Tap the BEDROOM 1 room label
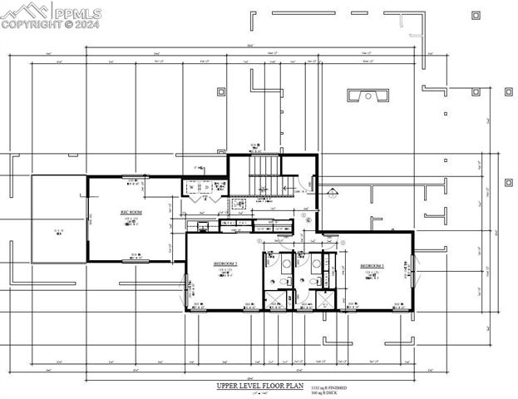point(371,266)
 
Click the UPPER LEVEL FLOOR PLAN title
point(260,387)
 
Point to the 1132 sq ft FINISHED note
point(329,387)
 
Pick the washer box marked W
point(192,188)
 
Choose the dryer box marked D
point(206,188)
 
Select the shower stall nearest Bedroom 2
point(274,299)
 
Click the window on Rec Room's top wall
point(133,177)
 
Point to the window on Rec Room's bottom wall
point(133,261)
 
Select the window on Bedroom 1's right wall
point(412,271)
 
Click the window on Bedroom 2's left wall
point(186,287)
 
